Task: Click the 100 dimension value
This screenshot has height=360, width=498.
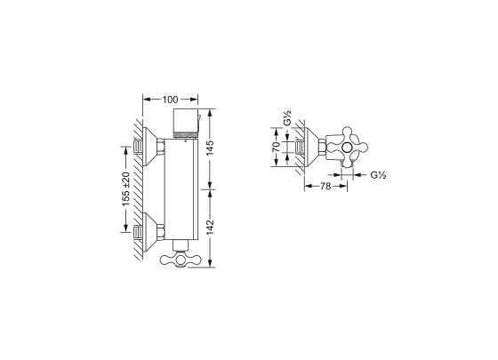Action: pos(170,100)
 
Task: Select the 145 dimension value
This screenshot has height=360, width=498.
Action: pos(210,148)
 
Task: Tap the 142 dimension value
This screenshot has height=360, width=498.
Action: pos(210,228)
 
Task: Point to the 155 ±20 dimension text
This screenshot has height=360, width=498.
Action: pos(126,189)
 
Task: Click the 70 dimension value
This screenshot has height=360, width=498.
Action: pos(277,147)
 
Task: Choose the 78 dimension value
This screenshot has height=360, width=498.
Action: pos(325,186)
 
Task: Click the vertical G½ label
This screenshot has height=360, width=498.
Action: pos(287,117)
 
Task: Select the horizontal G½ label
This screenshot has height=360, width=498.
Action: pos(378,174)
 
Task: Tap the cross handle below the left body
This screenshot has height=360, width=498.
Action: pos(181,260)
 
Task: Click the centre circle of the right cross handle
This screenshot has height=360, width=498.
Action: pos(347,147)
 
